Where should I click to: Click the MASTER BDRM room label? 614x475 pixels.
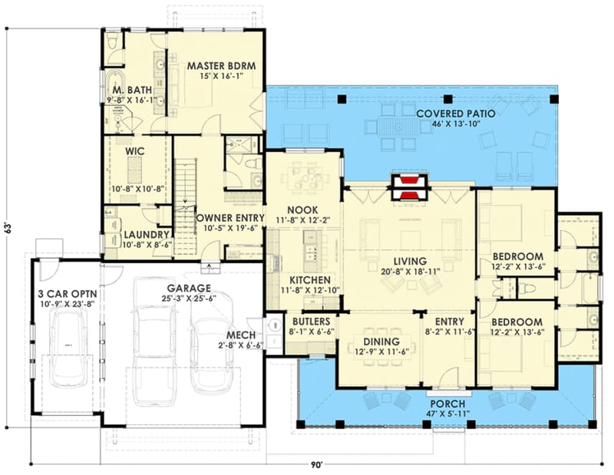click(x=216, y=65)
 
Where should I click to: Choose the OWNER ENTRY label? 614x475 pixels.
click(x=230, y=217)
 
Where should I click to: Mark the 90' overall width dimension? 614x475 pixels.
click(x=317, y=464)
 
